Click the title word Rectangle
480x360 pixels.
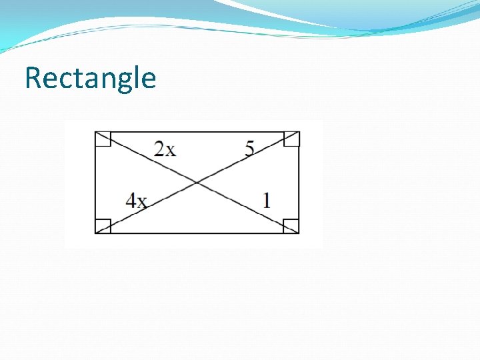click(90, 78)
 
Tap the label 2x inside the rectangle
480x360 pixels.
click(165, 149)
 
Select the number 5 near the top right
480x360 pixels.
click(249, 149)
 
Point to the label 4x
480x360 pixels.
click(136, 200)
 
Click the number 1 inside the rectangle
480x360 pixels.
click(267, 200)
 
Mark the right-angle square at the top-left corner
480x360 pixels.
click(103, 139)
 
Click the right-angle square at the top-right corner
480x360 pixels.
click(292, 139)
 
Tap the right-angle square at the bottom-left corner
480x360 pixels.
click(103, 226)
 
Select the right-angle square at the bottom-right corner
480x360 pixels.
click(291, 226)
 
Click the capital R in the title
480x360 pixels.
click(33, 78)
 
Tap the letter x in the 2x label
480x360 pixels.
click(171, 150)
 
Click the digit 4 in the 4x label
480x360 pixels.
click(131, 200)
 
